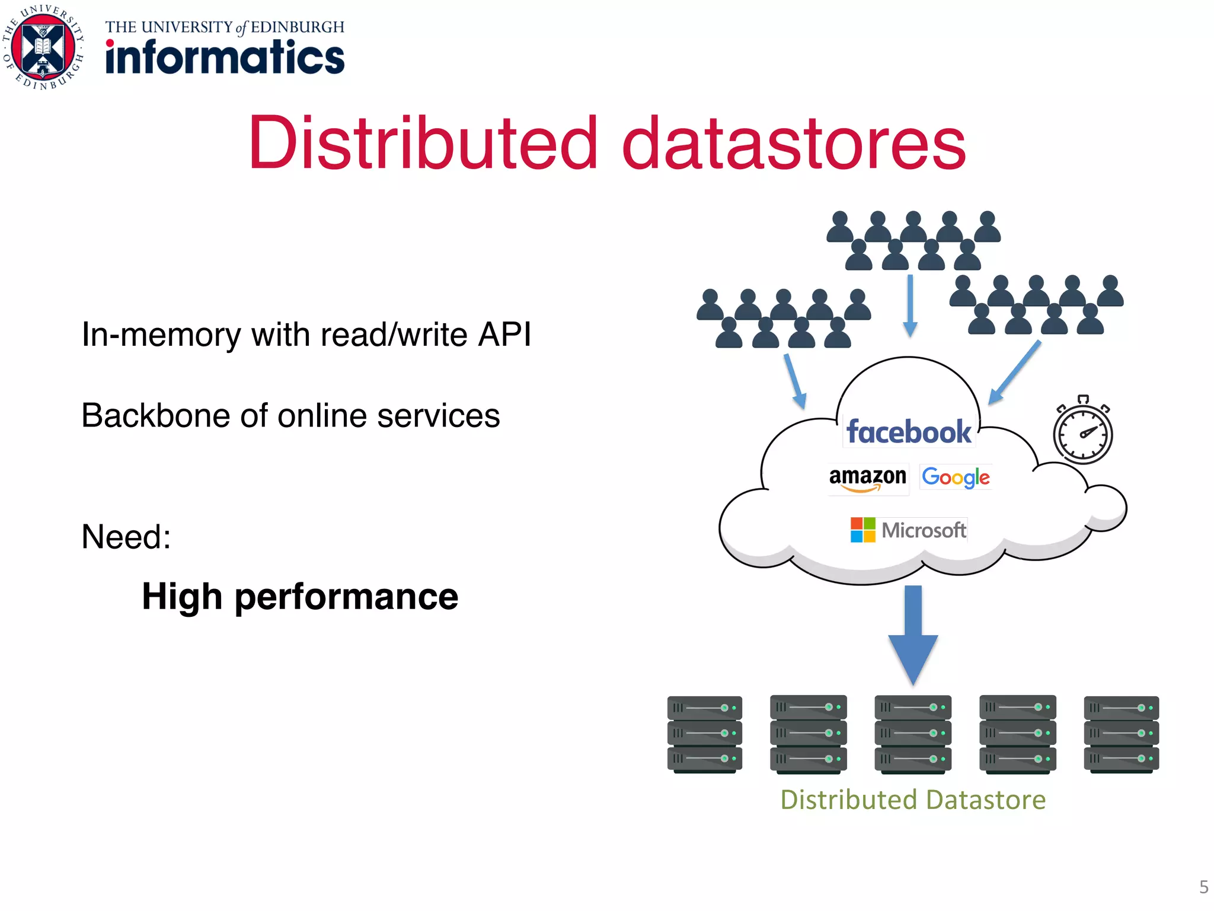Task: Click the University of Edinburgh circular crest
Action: [43, 47]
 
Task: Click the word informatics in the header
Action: [225, 58]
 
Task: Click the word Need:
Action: [126, 537]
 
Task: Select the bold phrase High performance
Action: [300, 596]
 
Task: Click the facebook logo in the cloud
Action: [909, 431]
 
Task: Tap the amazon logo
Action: [867, 478]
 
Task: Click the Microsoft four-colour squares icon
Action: [862, 530]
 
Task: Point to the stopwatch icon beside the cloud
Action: [1082, 432]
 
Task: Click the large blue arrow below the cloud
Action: [913, 635]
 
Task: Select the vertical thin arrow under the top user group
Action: [910, 305]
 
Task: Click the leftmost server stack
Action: [704, 734]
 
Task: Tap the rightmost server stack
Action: [1121, 734]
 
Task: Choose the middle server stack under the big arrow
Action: [913, 734]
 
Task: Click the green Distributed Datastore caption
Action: [913, 799]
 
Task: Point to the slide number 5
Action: [1203, 887]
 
